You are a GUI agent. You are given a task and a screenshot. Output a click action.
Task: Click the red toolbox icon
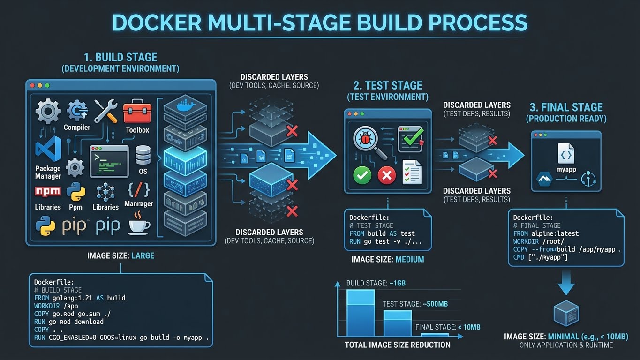coord(137,112)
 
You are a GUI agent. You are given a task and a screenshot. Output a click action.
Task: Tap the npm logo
coord(47,192)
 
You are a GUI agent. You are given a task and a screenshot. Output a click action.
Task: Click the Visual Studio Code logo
coord(48,149)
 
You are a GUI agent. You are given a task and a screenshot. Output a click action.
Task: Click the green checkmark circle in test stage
coord(362,175)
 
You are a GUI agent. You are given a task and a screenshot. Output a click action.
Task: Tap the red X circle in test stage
coord(387,175)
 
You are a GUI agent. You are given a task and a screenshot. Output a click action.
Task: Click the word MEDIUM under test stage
coord(409,259)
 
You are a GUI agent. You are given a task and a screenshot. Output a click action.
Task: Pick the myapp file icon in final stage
coord(566,153)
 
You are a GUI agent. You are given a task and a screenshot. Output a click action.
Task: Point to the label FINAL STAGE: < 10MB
coord(447,327)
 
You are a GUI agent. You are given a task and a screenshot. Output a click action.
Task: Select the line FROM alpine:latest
coord(546,233)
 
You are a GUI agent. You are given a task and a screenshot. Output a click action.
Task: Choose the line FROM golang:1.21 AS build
coord(80,298)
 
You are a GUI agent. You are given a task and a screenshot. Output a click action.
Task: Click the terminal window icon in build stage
coord(109,161)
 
